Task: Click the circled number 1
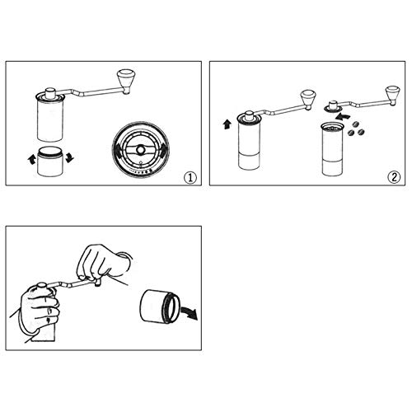(x=190, y=177)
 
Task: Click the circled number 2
(x=394, y=177)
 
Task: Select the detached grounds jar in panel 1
(x=50, y=162)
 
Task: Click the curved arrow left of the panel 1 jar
(x=31, y=159)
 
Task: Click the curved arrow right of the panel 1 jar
(x=70, y=157)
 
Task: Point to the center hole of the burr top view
(x=141, y=150)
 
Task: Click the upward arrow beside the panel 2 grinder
(x=227, y=124)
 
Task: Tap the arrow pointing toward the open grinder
(x=343, y=115)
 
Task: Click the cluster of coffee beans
(x=355, y=129)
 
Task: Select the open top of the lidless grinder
(x=332, y=127)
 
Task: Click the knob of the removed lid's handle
(x=393, y=95)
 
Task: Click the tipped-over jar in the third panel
(x=159, y=306)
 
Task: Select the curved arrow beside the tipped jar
(x=190, y=312)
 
